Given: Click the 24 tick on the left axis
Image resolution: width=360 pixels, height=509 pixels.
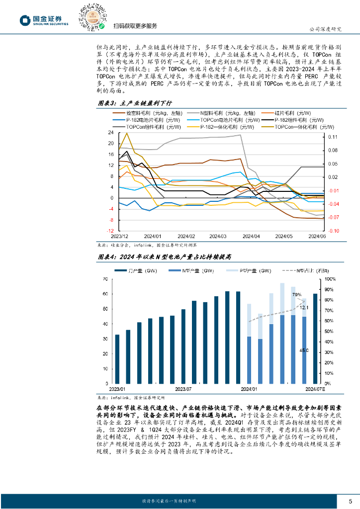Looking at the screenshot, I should pos(111,133).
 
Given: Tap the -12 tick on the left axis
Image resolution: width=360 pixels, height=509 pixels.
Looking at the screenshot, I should pos(110,231).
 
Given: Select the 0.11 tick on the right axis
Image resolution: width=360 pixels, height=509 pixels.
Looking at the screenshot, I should pos(333,137).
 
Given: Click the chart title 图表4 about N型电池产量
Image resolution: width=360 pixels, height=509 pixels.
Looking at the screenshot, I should pos(164,257).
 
